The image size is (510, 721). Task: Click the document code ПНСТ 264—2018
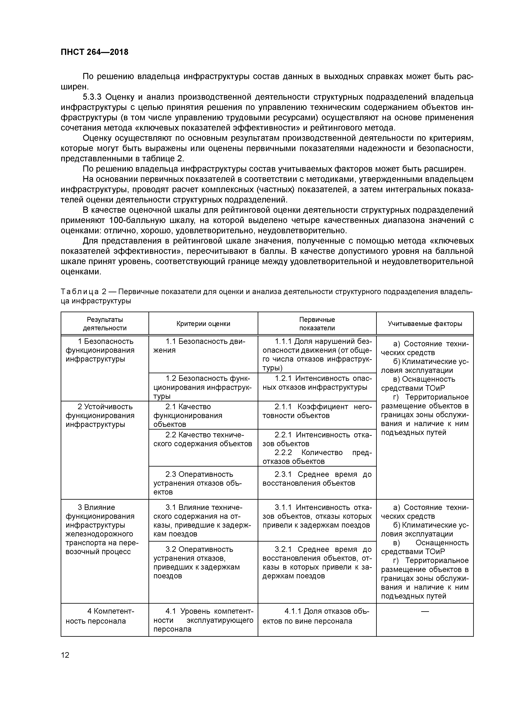(x=94, y=52)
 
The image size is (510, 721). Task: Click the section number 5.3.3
(x=93, y=97)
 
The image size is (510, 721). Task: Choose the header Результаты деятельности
(x=105, y=324)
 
